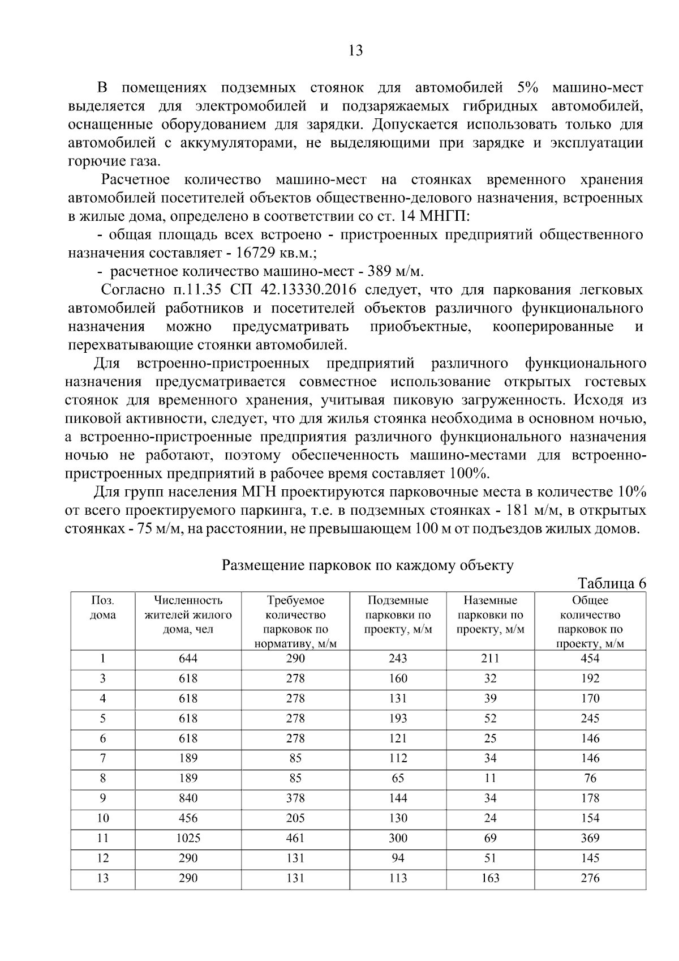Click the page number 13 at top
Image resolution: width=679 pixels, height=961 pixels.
tap(355, 51)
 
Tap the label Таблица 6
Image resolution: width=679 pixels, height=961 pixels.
tap(611, 583)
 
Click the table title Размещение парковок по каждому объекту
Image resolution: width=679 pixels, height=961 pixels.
tap(367, 565)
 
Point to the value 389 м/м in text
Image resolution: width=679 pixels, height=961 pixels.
tap(395, 271)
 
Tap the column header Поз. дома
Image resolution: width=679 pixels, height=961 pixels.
tap(102, 608)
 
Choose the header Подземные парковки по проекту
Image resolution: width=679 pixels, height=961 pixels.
tap(398, 614)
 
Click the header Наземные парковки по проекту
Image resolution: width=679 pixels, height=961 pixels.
tap(490, 614)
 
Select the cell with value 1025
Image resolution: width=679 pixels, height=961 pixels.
tap(188, 838)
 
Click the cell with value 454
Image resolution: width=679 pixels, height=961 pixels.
tap(590, 659)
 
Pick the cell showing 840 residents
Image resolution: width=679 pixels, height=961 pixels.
tap(188, 798)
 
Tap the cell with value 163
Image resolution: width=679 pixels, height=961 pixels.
tap(490, 878)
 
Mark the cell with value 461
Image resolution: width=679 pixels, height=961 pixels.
tap(295, 838)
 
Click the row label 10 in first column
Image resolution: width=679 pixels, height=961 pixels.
tap(102, 818)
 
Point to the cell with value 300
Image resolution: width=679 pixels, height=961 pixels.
tap(398, 838)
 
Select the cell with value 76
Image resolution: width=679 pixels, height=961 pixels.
tap(590, 778)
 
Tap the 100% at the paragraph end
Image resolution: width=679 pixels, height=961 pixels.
tap(469, 473)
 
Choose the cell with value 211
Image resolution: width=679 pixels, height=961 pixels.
tap(490, 659)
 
